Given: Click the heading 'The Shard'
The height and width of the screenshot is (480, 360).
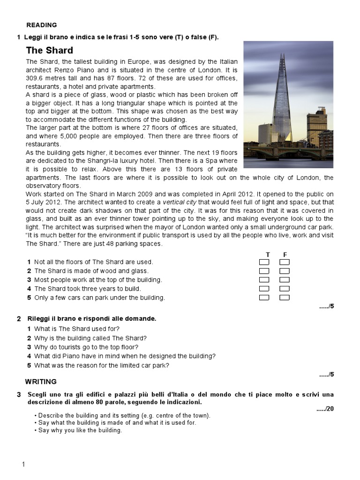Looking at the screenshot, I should click(50, 51).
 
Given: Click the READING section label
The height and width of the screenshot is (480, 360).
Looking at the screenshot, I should click(41, 25).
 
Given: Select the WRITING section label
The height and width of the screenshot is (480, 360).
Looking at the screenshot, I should click(41, 382).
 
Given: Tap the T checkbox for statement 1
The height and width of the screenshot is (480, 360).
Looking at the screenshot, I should click(264, 262).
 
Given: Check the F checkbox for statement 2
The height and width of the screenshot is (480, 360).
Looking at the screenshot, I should click(285, 271).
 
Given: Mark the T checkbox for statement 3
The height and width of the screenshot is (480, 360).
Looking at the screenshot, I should click(264, 280).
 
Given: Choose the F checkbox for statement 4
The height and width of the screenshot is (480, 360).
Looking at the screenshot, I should click(285, 289).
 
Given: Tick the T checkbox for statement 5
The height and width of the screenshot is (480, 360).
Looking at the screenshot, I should click(264, 298).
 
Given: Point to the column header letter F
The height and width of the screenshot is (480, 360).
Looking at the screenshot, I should click(285, 254).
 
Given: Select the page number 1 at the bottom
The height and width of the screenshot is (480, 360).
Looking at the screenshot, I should click(23, 465).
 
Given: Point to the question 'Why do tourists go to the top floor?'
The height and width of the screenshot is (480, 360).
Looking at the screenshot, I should click(86, 347).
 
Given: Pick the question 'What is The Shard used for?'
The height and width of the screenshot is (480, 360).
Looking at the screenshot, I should click(77, 329).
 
